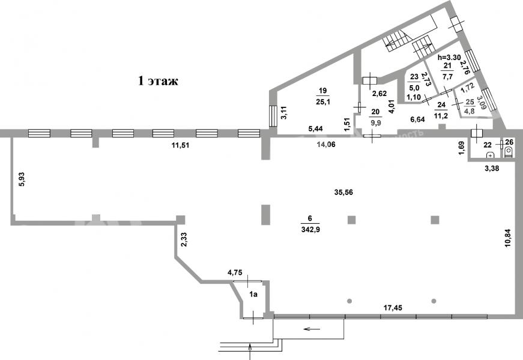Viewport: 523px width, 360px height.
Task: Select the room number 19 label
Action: [x=322, y=91]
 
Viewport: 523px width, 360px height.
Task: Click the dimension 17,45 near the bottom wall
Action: [x=393, y=308]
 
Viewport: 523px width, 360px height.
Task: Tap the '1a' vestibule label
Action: [x=253, y=294]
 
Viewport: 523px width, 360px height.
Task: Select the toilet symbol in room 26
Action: [x=509, y=153]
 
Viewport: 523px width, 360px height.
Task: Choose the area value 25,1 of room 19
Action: [x=322, y=101]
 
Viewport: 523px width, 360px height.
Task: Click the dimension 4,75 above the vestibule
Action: [x=235, y=274]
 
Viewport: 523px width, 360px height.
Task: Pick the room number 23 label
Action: [x=414, y=77]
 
